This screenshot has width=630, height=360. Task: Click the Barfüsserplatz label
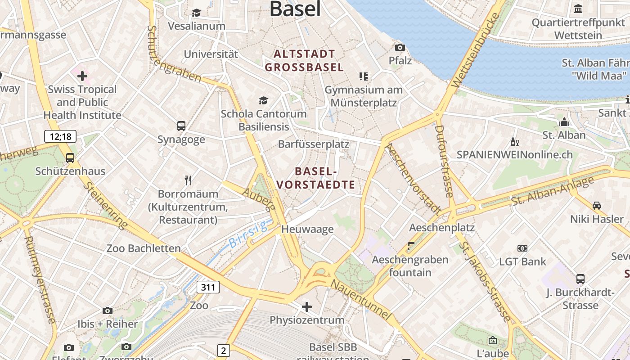coord(314,144)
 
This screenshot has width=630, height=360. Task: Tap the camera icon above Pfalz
coord(400,47)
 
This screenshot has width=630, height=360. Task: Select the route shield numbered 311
coord(208,287)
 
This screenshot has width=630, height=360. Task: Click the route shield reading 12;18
coord(60,136)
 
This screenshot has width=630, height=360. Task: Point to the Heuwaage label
coord(307,229)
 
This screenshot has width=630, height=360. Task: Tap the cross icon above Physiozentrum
coord(307,307)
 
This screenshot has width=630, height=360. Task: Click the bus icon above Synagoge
coord(181,126)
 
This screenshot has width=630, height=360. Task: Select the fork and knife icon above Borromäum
coord(188,180)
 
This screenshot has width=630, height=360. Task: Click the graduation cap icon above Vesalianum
coord(196,13)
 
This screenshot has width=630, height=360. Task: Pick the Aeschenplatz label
coord(442,228)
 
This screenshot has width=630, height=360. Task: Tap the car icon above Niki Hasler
coord(597,206)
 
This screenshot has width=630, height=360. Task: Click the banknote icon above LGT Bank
coord(522,248)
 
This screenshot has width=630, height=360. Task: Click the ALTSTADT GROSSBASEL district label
coord(304,61)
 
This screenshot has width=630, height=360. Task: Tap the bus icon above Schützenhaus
coord(70,157)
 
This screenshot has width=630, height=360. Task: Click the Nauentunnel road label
coord(360,300)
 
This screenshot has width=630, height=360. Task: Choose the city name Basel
coord(295,9)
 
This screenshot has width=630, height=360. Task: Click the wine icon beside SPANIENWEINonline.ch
coord(515,142)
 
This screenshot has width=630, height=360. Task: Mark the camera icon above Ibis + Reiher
coord(107,310)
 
